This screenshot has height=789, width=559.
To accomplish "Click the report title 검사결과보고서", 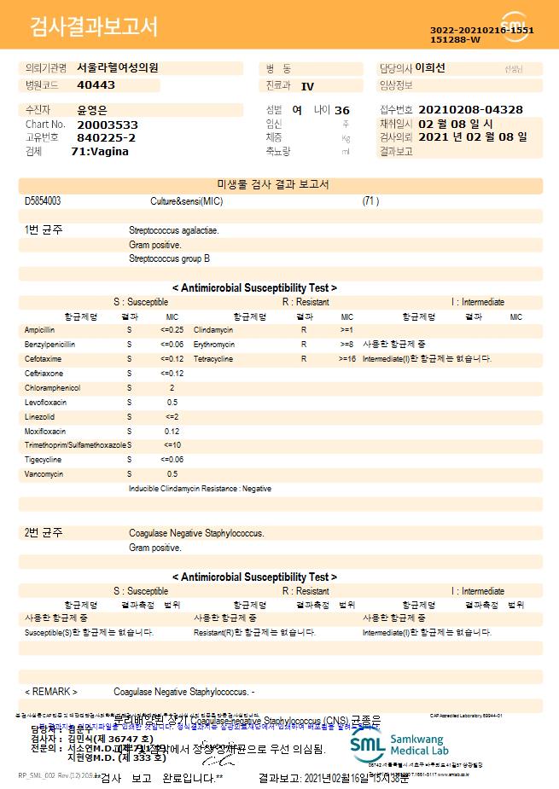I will pyautogui.click(x=94, y=27).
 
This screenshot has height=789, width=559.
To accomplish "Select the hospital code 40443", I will pyautogui.click(x=96, y=85).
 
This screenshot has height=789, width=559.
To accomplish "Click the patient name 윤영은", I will pyautogui.click(x=93, y=110).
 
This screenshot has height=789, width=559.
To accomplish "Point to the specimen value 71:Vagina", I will pyautogui.click(x=100, y=151).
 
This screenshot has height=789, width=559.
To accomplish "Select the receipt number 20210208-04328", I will pyautogui.click(x=471, y=110).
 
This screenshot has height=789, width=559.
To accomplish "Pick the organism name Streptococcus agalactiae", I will pyautogui.click(x=173, y=230).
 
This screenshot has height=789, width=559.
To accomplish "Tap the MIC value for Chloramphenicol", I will pyautogui.click(x=172, y=388).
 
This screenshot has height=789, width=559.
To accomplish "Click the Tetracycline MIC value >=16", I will pyautogui.click(x=347, y=359).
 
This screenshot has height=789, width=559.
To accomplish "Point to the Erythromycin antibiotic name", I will pyautogui.click(x=215, y=344).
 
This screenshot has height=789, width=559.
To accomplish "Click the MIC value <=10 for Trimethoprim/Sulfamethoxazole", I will pyautogui.click(x=172, y=444).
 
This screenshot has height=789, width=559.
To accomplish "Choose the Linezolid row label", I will pyautogui.click(x=39, y=416).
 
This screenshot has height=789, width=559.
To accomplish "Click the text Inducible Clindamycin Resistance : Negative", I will pyautogui.click(x=200, y=489).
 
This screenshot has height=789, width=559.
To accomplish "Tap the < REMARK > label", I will pyautogui.click(x=51, y=691).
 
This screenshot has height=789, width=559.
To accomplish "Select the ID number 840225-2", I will pyautogui.click(x=106, y=137).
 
